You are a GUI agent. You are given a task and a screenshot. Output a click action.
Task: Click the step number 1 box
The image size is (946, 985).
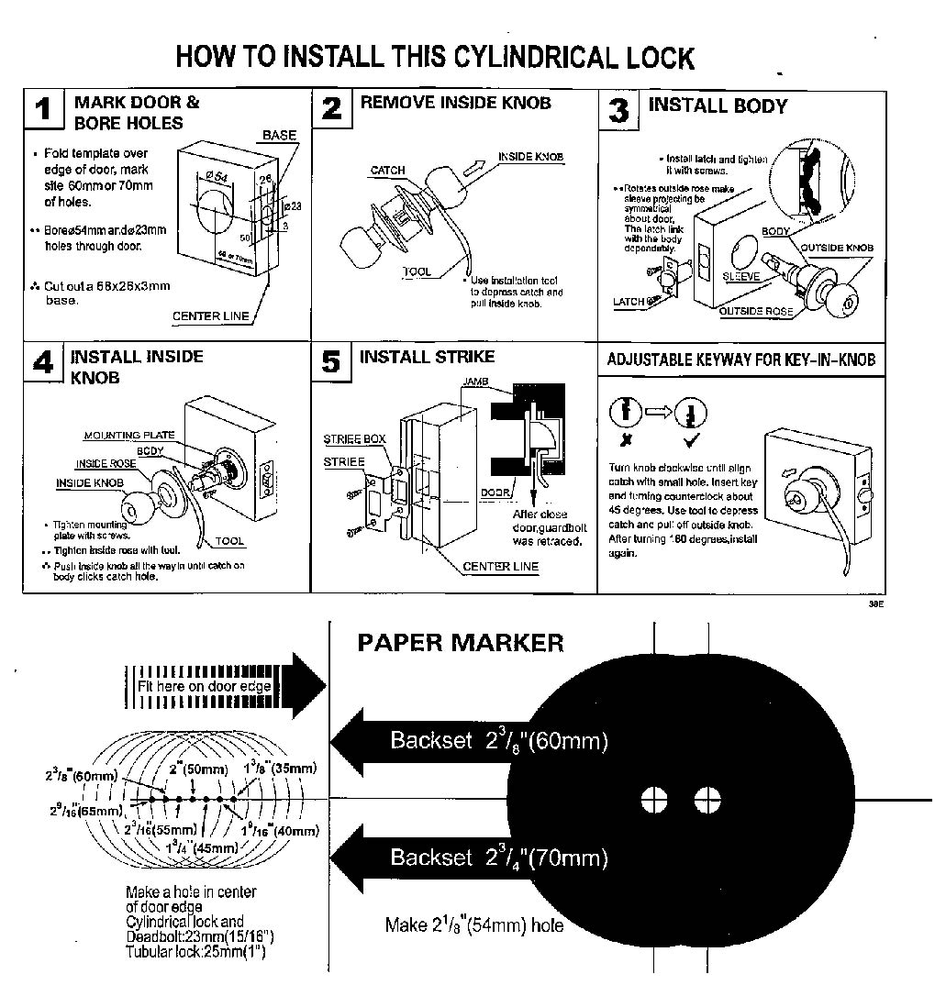point(44,110)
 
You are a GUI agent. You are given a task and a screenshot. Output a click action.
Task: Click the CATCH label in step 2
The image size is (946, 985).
point(387,171)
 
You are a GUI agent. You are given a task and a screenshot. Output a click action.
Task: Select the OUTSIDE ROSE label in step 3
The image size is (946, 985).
point(756,312)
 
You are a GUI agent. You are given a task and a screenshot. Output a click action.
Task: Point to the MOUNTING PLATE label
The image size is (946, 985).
point(129,436)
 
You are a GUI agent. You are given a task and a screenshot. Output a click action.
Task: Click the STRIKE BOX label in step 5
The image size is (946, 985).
point(354,439)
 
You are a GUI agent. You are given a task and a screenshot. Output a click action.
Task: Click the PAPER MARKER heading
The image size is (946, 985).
point(460,643)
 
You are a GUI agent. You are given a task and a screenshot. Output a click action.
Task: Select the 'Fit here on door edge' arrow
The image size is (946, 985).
point(224,686)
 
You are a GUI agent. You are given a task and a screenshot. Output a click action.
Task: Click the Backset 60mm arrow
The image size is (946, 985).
point(468,740)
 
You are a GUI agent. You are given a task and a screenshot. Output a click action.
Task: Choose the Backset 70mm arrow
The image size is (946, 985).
point(468,858)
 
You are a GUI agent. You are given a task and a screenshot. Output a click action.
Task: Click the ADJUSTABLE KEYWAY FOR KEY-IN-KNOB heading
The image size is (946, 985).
point(740,360)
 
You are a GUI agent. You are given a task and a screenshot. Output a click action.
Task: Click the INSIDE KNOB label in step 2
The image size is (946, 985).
point(531,157)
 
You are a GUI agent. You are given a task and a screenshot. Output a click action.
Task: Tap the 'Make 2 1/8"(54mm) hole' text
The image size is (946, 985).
point(474,924)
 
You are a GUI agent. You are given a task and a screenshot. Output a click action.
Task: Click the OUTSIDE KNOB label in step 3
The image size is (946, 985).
point(837,248)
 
